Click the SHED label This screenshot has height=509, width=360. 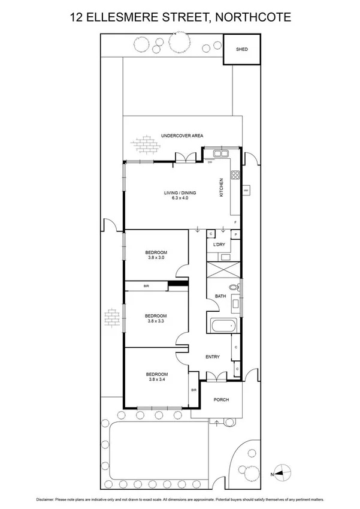[x=241, y=50]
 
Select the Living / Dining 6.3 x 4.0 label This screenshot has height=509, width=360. [x=180, y=195]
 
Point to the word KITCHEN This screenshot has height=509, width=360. [x=221, y=188]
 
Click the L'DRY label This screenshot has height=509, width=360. [x=219, y=245]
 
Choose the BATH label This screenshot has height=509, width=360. [x=220, y=296]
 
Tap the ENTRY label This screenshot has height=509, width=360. [x=213, y=357]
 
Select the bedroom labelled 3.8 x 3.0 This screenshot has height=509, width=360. [x=156, y=255]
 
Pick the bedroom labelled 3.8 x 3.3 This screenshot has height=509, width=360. [x=156, y=318]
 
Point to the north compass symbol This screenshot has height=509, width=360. [x=283, y=472]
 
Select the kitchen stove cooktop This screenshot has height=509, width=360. [x=235, y=176]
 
